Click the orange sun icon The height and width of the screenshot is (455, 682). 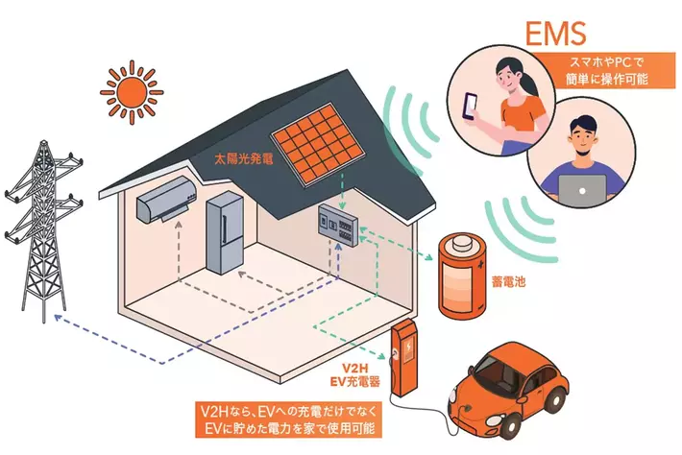pos(132,92)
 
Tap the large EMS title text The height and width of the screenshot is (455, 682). pos(555,33)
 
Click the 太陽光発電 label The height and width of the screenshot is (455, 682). pos(244,158)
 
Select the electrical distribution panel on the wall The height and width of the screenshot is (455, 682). pos(338,223)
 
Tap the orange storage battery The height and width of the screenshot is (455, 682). pos(462,276)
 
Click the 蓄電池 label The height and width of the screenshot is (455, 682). pos(508,281)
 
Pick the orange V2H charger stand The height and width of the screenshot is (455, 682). pos(404,357)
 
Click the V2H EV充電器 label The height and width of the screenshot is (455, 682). pos(355,375)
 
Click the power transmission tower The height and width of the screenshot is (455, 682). pos(43,231)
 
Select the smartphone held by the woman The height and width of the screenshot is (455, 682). pos(470,106)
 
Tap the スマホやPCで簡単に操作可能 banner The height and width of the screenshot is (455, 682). pos(607,70)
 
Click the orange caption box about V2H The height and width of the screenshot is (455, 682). pos(288,419)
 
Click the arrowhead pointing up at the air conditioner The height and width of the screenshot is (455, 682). pos(179,226)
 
